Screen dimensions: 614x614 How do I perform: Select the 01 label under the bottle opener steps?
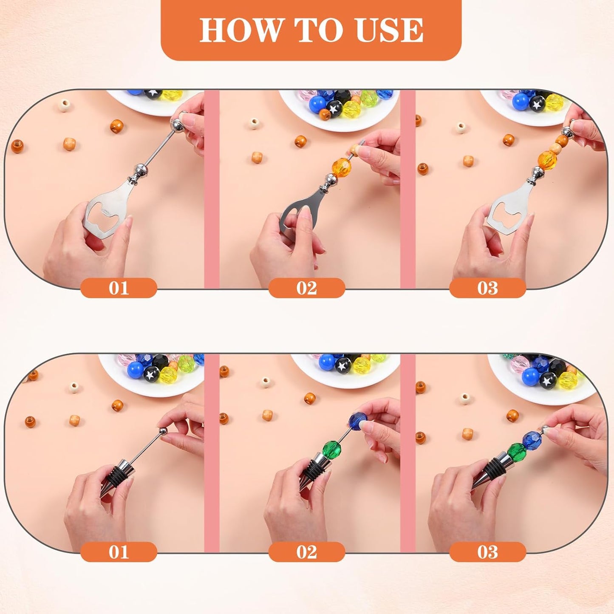click(x=119, y=288)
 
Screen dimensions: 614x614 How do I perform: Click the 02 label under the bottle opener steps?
click(x=306, y=288)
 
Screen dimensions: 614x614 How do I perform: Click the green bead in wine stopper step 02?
click(x=332, y=449)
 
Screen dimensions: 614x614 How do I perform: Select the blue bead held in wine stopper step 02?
click(x=359, y=421)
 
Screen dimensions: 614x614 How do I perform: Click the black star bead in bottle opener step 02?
click(x=333, y=109)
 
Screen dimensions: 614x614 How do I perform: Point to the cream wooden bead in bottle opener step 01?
click(x=64, y=105)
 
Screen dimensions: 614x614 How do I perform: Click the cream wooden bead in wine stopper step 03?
click(x=465, y=399)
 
